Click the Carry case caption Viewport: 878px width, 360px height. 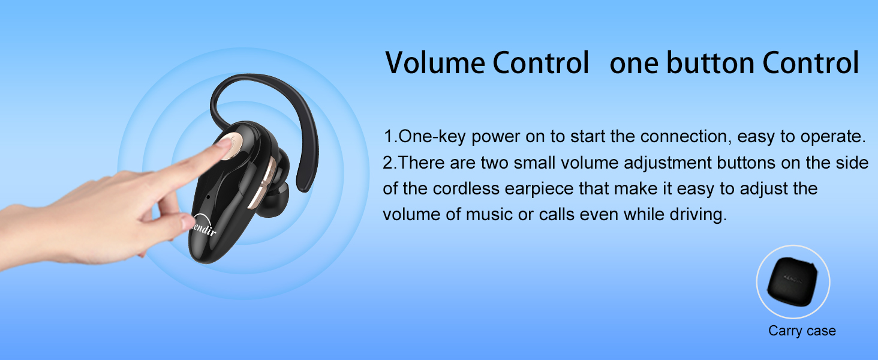coord(802,331)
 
